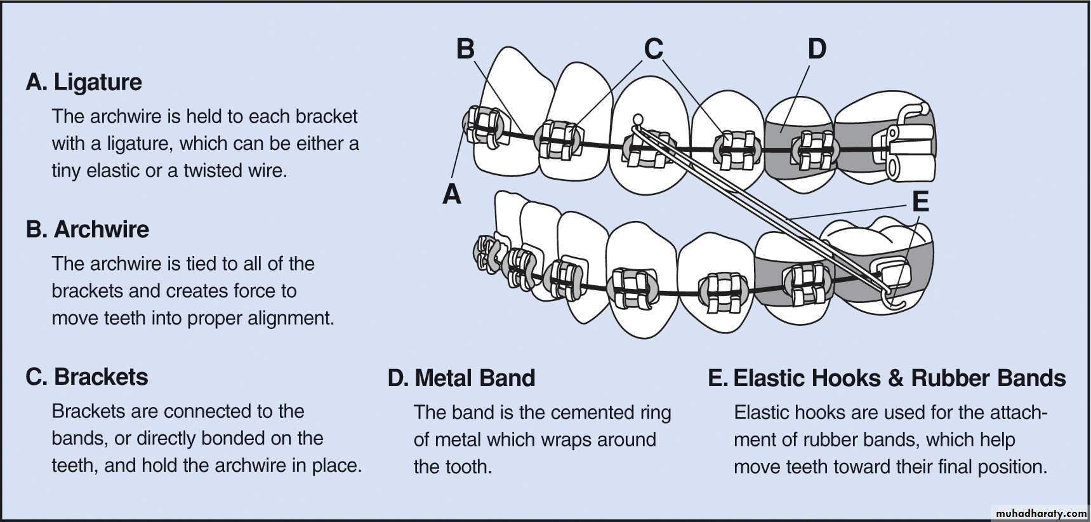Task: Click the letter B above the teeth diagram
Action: pos(465,49)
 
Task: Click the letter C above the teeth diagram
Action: pos(654,49)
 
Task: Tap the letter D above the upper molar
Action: pos(817,49)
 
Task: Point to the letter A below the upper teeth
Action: pos(451,194)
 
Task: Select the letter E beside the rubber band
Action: pos(920,202)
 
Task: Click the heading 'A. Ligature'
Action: pos(84,82)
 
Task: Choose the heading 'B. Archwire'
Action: pos(88,229)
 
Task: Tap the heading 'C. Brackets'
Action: pos(87,377)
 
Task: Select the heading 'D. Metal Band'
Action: pos(461,378)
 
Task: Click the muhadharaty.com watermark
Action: pos(1041,512)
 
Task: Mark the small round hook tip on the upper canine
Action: pos(638,118)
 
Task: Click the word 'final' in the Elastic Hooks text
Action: pos(955,467)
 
